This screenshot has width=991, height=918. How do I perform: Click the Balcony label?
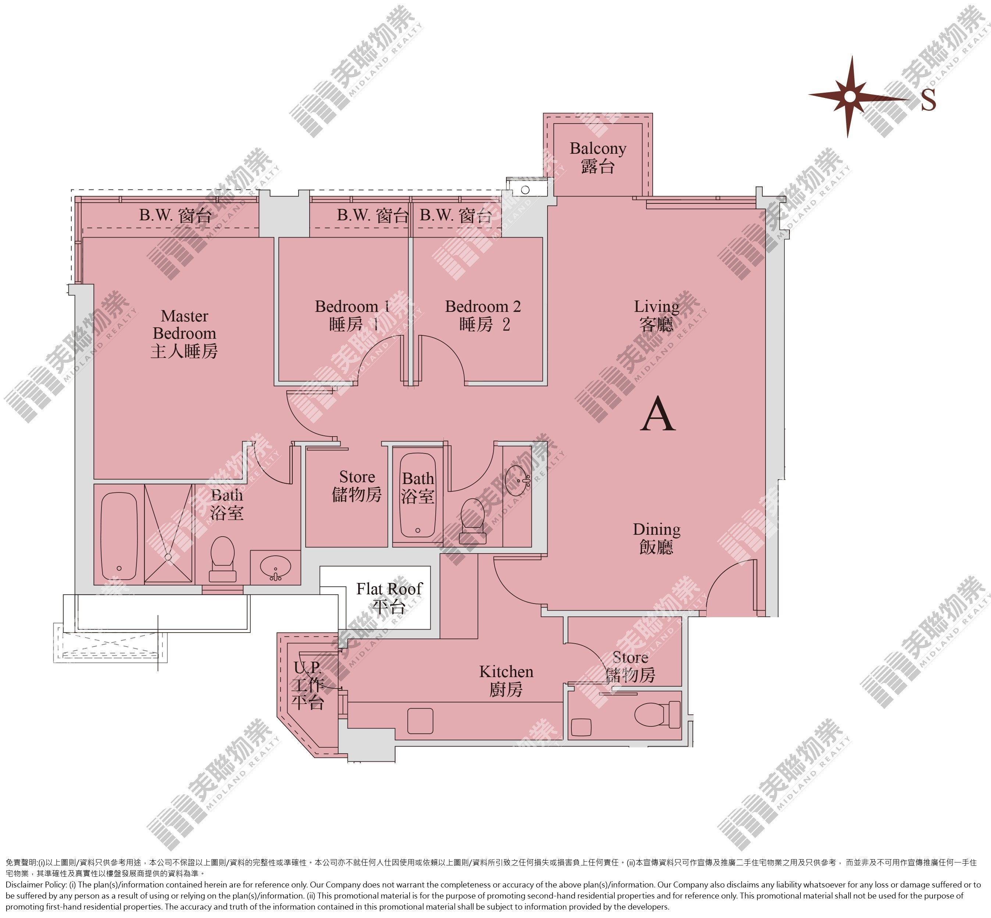point(598,157)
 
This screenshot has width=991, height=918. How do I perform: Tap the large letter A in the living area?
point(658,414)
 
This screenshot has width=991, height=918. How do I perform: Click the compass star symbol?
point(850,96)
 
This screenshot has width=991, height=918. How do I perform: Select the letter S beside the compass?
point(928,99)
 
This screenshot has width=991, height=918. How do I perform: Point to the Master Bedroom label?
point(184,333)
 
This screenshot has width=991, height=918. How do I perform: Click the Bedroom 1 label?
point(352,315)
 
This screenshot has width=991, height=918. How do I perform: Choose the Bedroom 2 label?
point(483,315)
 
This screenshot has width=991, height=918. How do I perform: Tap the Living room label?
point(656,315)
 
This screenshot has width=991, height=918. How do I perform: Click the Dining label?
point(656,538)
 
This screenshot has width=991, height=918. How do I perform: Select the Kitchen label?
point(506,680)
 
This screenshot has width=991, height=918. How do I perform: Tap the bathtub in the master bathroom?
point(119,536)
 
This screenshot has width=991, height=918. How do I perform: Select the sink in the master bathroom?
point(275,567)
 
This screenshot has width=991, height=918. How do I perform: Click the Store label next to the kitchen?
point(630,666)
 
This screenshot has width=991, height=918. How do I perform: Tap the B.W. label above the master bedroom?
point(175,215)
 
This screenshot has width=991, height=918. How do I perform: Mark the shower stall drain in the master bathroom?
point(168,557)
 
